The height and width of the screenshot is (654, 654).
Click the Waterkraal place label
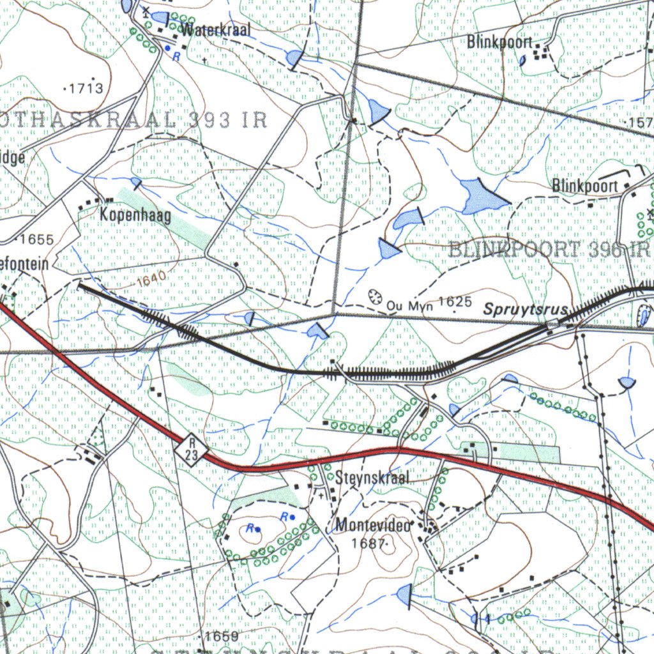tap(216, 29)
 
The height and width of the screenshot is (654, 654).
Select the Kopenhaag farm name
tap(135, 216)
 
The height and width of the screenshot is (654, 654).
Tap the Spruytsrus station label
tap(526, 310)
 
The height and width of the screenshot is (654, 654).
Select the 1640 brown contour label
tap(151, 277)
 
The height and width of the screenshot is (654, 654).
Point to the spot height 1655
tap(37, 240)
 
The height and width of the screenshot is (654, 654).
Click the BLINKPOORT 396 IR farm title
tap(549, 250)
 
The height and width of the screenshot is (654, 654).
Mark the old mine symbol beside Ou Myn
tap(375, 296)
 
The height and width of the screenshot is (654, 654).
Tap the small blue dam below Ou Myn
tap(317, 331)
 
